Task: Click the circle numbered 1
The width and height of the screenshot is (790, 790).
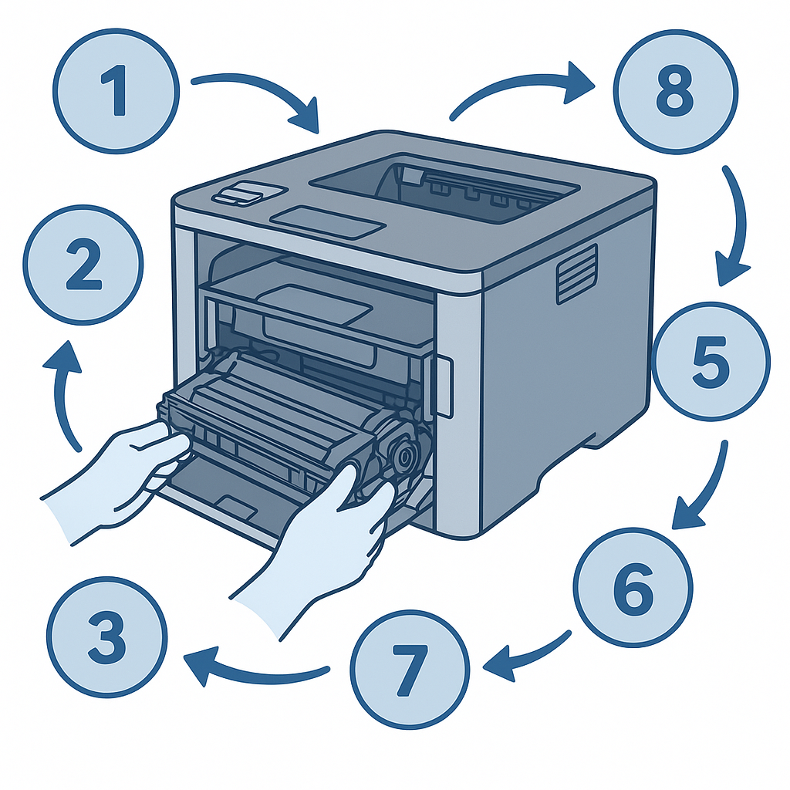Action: click(x=116, y=91)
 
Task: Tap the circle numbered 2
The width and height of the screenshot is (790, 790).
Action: click(x=83, y=265)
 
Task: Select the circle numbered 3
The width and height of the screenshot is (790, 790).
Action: click(x=107, y=636)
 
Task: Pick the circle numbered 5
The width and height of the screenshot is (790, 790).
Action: click(x=711, y=361)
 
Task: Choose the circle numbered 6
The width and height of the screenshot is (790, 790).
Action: click(x=633, y=587)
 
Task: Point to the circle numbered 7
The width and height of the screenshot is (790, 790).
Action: click(x=410, y=669)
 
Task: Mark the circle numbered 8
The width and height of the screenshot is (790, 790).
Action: click(x=676, y=91)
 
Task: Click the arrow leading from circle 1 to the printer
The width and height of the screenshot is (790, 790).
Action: click(x=267, y=88)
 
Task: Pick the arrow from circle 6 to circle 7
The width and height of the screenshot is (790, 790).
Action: click(x=529, y=655)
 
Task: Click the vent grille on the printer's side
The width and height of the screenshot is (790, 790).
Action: click(x=577, y=275)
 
